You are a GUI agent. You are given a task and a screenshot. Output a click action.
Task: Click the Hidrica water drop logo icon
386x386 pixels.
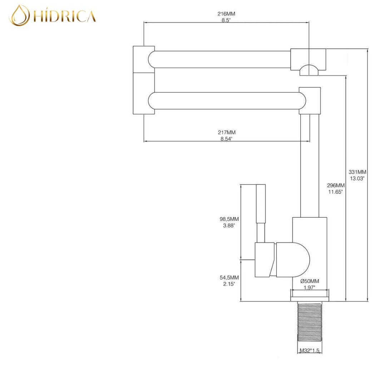pyautogui.click(x=19, y=15)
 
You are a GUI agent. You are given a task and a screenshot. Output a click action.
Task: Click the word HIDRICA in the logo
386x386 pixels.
pyautogui.click(x=64, y=16)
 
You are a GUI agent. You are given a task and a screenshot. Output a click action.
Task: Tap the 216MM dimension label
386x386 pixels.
pyautogui.click(x=226, y=14)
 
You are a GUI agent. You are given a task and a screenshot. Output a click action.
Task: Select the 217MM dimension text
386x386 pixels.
pyautogui.click(x=227, y=133)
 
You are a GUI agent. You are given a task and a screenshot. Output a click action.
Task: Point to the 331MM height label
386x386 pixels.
pyautogui.click(x=357, y=172)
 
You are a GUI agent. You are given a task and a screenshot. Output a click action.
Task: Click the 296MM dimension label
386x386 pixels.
pyautogui.click(x=336, y=185)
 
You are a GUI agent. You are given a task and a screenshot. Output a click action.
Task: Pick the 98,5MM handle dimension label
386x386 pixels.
pyautogui.click(x=229, y=219)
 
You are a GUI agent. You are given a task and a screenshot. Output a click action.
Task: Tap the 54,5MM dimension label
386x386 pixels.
pyautogui.click(x=229, y=277)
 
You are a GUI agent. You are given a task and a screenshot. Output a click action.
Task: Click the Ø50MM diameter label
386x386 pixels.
pyautogui.click(x=310, y=281)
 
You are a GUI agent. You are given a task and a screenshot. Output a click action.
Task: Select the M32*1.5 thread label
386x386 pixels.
pyautogui.click(x=310, y=350)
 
